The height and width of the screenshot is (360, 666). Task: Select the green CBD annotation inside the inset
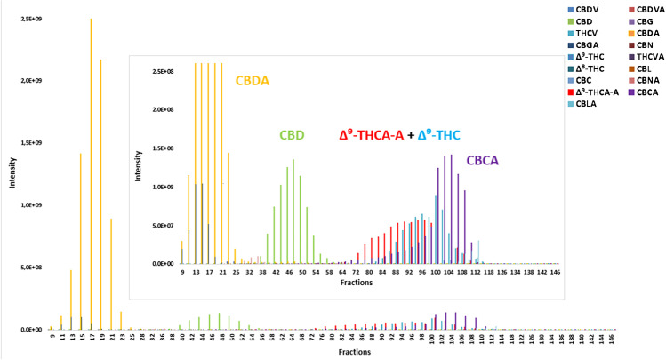pos(293,136)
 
